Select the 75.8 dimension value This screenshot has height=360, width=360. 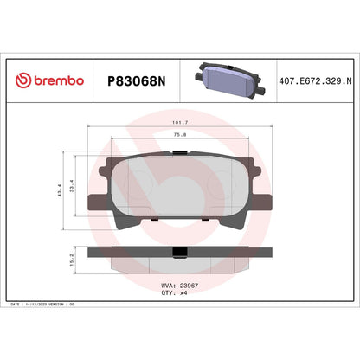(180, 135)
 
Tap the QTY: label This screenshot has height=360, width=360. (169, 292)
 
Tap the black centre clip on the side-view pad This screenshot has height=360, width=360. (180, 254)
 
